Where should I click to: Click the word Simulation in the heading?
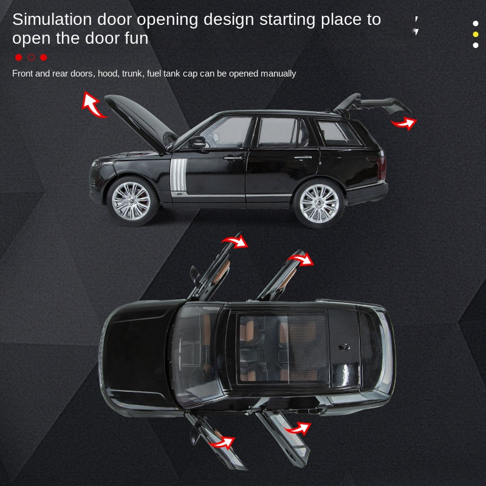click(52, 19)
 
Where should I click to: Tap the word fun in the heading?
click(137, 38)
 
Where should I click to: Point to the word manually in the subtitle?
click(278, 74)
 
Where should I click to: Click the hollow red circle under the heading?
click(32, 57)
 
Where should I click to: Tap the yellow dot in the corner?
click(476, 34)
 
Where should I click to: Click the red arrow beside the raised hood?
click(92, 105)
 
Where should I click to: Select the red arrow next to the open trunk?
click(404, 123)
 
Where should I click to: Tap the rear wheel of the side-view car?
click(319, 203)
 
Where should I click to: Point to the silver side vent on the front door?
click(179, 175)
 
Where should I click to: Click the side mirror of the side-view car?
click(197, 142)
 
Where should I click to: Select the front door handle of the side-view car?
click(233, 159)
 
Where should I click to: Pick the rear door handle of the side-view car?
click(303, 157)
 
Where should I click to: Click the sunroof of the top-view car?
click(283, 348)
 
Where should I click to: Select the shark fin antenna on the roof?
click(344, 347)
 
